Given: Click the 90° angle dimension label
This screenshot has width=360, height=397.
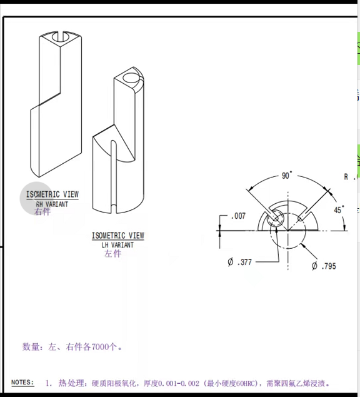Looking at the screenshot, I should click(286, 176).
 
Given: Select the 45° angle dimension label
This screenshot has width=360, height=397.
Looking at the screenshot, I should click(338, 210).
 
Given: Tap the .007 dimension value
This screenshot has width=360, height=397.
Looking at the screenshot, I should click(237, 216).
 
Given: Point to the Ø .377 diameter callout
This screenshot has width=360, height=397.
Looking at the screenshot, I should click(240, 262).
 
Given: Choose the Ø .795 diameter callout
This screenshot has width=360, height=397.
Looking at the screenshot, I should click(324, 266).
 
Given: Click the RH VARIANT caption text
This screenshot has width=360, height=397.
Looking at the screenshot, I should click(52, 204).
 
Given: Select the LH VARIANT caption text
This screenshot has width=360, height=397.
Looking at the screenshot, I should click(117, 244).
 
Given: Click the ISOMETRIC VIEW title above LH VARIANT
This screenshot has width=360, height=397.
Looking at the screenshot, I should click(117, 236).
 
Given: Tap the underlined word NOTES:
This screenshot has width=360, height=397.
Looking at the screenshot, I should click(23, 382).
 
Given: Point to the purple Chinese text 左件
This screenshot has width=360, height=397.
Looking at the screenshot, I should click(113, 254).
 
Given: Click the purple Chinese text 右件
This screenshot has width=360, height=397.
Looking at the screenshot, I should click(42, 212).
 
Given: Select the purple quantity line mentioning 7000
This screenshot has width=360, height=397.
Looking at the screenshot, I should click(72, 346).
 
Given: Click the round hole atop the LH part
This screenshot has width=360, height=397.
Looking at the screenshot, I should click(131, 79).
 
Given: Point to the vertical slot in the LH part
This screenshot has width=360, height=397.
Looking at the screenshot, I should click(114, 175).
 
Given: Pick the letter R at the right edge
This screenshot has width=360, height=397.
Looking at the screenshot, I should click(346, 177).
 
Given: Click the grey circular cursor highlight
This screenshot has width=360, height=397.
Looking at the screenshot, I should click(37, 199).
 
